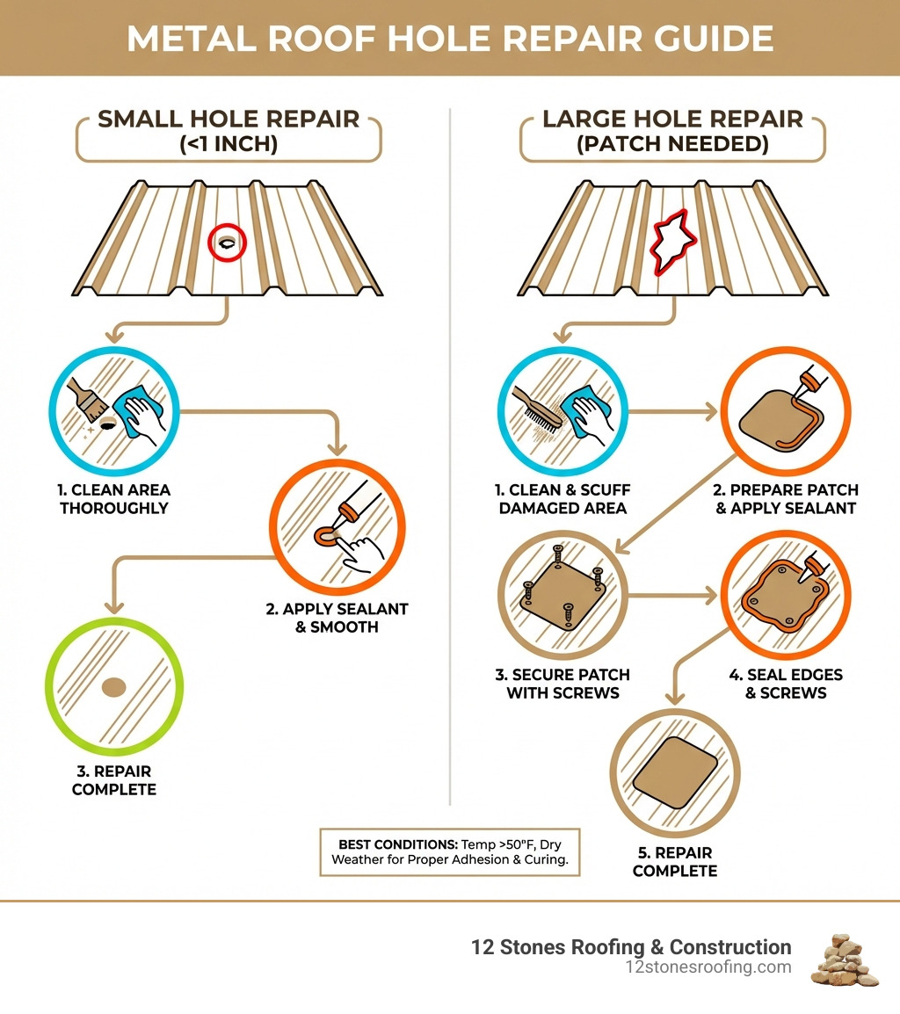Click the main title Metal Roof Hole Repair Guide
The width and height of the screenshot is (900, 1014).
pyautogui.click(x=450, y=39)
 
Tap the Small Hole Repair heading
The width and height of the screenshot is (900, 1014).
pyautogui.click(x=229, y=119)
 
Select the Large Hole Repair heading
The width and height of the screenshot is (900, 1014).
pyautogui.click(x=672, y=119)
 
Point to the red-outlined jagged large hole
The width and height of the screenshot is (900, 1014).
pyautogui.click(x=672, y=240)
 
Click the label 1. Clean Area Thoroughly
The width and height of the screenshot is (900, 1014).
pyautogui.click(x=114, y=498)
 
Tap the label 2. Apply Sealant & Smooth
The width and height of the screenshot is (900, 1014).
pyautogui.click(x=337, y=618)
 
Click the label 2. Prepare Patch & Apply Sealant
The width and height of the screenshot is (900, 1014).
pyautogui.click(x=786, y=498)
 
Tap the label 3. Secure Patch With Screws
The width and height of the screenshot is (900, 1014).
pyautogui.click(x=562, y=684)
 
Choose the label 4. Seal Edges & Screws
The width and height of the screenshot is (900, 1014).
pyautogui.click(x=786, y=684)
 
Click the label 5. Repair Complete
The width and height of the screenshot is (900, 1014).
pyautogui.click(x=675, y=861)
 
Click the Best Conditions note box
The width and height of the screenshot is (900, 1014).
pyautogui.click(x=449, y=851)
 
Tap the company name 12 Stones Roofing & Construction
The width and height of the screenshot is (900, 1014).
pyautogui.click(x=631, y=947)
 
